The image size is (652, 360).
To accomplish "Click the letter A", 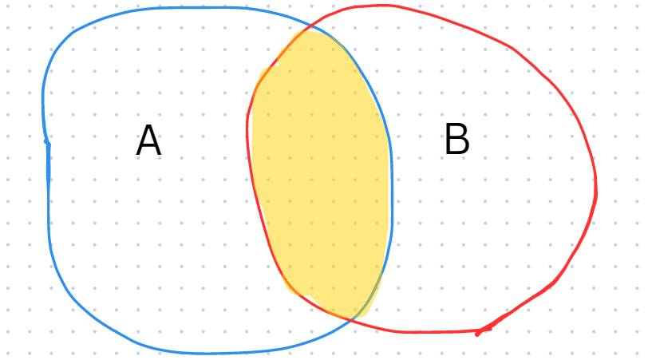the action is click(148, 141).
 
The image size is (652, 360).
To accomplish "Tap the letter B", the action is click(457, 139).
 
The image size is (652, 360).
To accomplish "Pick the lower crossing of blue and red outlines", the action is click(352, 319).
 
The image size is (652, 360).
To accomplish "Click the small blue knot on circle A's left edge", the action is click(47, 143).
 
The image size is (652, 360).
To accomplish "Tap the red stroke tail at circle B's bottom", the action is click(483, 331).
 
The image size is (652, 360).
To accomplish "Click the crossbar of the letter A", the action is click(148, 146).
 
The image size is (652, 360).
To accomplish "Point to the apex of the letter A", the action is click(148, 126).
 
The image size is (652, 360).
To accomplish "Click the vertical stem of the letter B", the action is click(448, 139).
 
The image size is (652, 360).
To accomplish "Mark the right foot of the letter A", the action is click(159, 154).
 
